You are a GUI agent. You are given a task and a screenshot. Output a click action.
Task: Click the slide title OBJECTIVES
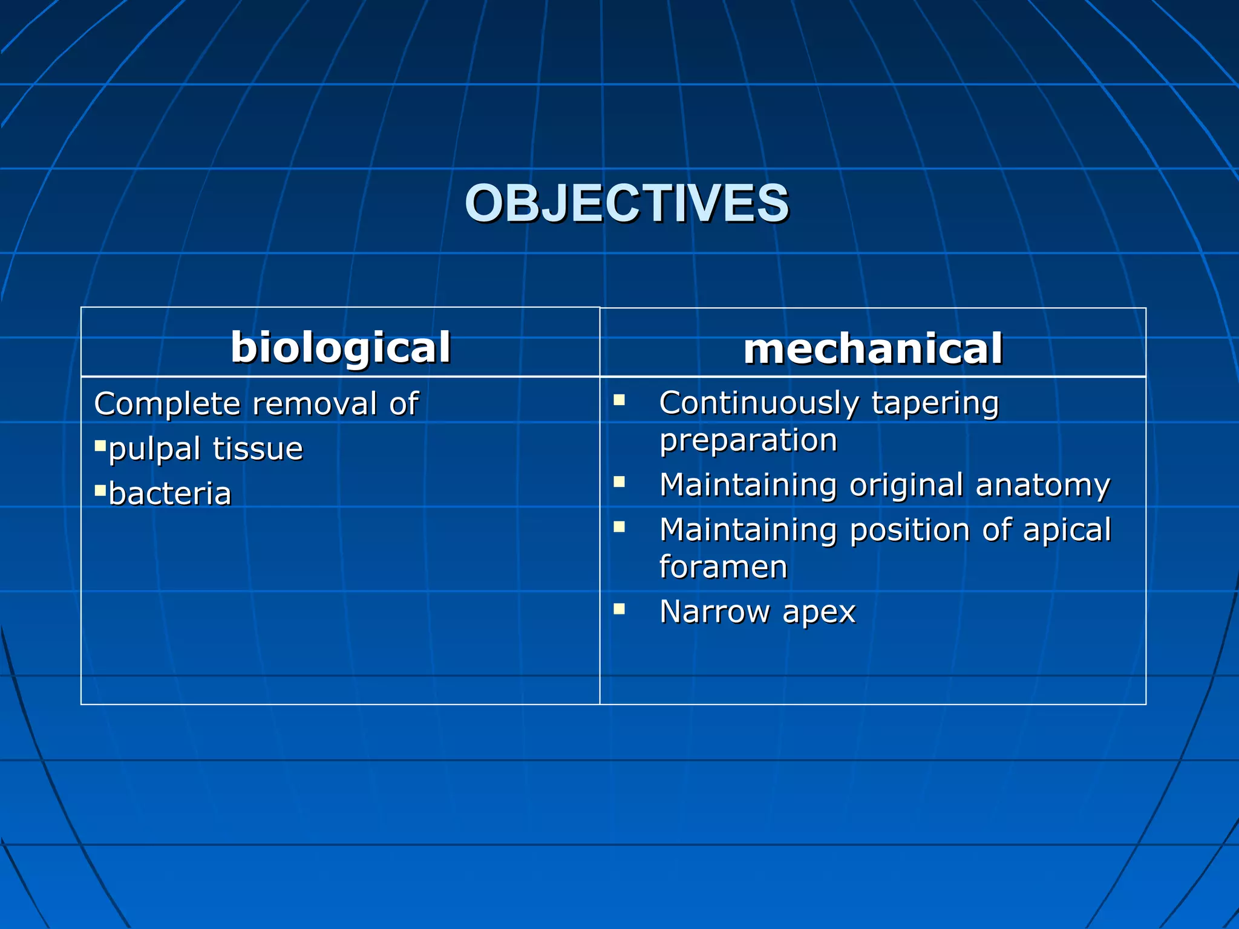tap(626, 203)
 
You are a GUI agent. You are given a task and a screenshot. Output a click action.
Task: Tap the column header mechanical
tap(872, 349)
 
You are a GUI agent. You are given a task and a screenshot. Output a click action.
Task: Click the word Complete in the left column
tap(167, 404)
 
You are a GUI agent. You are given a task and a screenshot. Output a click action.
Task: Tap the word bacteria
tap(170, 494)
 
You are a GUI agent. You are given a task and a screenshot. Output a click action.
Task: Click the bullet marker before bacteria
tap(100, 489)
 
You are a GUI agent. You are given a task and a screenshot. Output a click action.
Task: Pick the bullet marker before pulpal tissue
tap(100, 446)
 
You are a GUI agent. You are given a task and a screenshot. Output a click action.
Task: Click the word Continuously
tap(759, 403)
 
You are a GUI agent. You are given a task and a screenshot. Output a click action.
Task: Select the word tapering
tap(935, 403)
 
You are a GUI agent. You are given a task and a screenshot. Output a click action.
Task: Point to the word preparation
tap(748, 440)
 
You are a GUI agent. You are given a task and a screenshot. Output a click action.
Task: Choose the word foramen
tap(723, 567)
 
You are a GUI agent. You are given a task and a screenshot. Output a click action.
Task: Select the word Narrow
tap(714, 611)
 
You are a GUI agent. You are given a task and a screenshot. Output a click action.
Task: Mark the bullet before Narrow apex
tap(619, 608)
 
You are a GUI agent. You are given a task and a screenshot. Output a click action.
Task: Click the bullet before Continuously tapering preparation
tap(619, 400)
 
